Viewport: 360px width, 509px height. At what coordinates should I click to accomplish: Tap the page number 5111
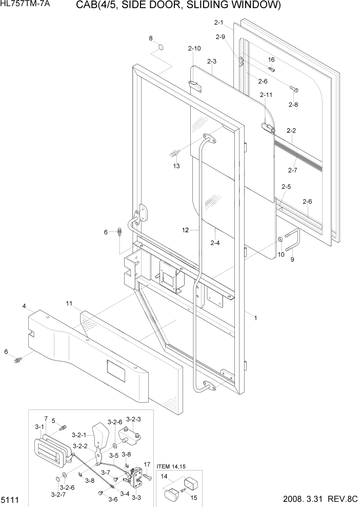pyautogui.click(x=10, y=499)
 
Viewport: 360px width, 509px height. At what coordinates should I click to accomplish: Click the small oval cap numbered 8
pyautogui.click(x=162, y=48)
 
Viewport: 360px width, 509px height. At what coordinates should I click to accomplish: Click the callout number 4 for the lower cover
pyautogui.click(x=24, y=306)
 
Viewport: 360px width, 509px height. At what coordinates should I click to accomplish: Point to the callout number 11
pyautogui.click(x=69, y=304)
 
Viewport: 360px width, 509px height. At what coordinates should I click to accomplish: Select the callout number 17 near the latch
pyautogui.click(x=146, y=464)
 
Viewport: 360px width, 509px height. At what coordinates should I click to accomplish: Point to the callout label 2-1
pyautogui.click(x=218, y=23)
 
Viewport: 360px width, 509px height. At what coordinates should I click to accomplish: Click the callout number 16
pyautogui.click(x=271, y=60)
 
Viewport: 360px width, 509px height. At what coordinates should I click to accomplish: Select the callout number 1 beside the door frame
pyautogui.click(x=255, y=318)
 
